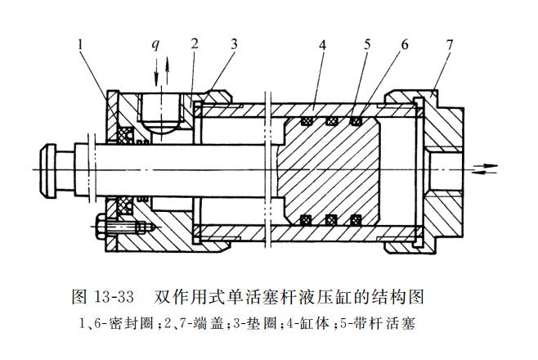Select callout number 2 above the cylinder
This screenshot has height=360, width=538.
click(x=195, y=43)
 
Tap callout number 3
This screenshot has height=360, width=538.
click(x=234, y=43)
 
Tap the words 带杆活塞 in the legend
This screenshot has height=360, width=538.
click(x=388, y=322)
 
